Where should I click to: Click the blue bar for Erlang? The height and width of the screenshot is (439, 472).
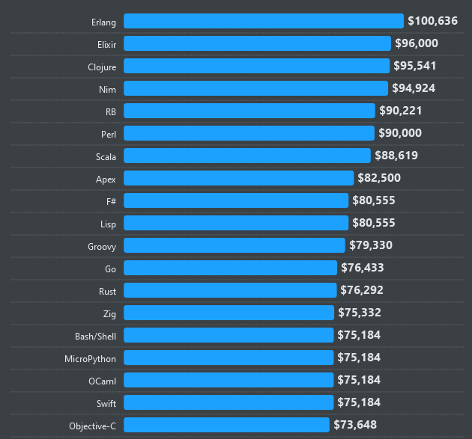(x=264, y=21)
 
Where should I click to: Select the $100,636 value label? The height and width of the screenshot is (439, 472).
(x=432, y=21)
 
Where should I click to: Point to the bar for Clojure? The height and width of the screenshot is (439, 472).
(x=256, y=66)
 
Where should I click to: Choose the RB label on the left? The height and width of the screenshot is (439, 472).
(x=110, y=111)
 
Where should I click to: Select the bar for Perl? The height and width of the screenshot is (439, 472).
(x=249, y=133)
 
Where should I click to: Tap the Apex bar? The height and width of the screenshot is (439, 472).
(x=238, y=178)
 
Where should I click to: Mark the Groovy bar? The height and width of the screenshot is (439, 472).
(x=235, y=245)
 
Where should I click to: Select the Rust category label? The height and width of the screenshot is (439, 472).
(x=107, y=291)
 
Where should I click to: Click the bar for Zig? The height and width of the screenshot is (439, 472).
(x=229, y=313)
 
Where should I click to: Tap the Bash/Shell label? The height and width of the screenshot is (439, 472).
(x=95, y=336)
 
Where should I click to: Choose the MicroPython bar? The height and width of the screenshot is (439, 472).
(x=229, y=357)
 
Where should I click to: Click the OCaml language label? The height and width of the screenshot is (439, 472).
(x=102, y=381)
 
